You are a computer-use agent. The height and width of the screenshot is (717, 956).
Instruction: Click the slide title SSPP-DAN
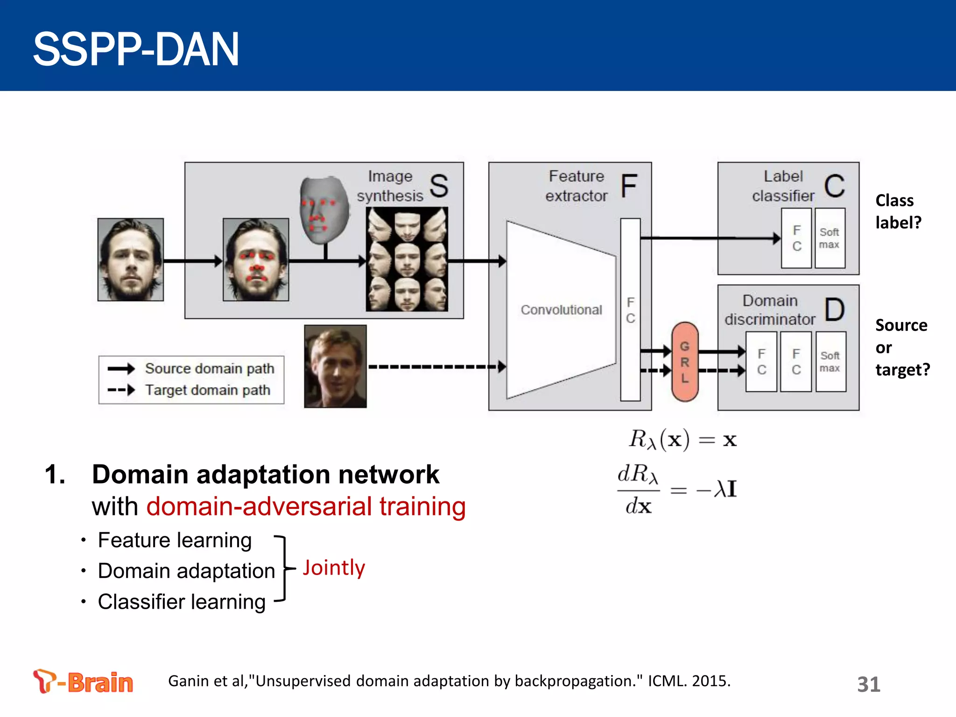pyautogui.click(x=135, y=49)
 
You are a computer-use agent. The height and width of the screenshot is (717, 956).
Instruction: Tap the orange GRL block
pyautogui.click(x=684, y=362)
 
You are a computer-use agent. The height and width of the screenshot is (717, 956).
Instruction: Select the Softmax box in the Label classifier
pyautogui.click(x=829, y=238)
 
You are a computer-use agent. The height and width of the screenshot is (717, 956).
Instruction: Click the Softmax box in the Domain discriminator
pyautogui.click(x=830, y=362)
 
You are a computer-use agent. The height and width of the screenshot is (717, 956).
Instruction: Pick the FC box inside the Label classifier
pyautogui.click(x=796, y=238)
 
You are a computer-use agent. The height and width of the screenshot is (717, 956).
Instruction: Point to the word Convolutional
pyautogui.click(x=561, y=310)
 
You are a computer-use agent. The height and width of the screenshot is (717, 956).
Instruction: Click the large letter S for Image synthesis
pyautogui.click(x=438, y=186)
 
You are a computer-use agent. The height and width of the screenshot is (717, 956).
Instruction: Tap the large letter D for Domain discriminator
pyautogui.click(x=834, y=310)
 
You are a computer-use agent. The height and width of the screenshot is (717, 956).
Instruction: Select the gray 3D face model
pyautogui.click(x=323, y=210)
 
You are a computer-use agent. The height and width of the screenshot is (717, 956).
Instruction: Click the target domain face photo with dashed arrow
pyautogui.click(x=335, y=366)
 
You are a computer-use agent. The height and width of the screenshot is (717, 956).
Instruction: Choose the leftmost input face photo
pyautogui.click(x=130, y=260)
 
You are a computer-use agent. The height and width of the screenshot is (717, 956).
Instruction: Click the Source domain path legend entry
pyautogui.click(x=209, y=368)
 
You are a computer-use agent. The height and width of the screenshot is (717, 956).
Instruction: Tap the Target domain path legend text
pyautogui.click(x=207, y=390)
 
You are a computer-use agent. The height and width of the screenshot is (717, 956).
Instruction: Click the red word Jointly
pyautogui.click(x=334, y=568)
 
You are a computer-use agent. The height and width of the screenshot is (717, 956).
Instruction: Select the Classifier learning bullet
pyautogui.click(x=181, y=602)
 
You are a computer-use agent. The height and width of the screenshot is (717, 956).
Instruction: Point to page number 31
pyautogui.click(x=868, y=684)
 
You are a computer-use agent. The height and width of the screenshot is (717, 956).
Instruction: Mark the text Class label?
pyautogui.click(x=898, y=211)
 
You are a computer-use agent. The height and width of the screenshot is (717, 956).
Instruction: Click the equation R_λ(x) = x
pyautogui.click(x=682, y=440)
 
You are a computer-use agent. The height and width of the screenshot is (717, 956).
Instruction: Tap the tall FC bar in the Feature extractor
pyautogui.click(x=630, y=310)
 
